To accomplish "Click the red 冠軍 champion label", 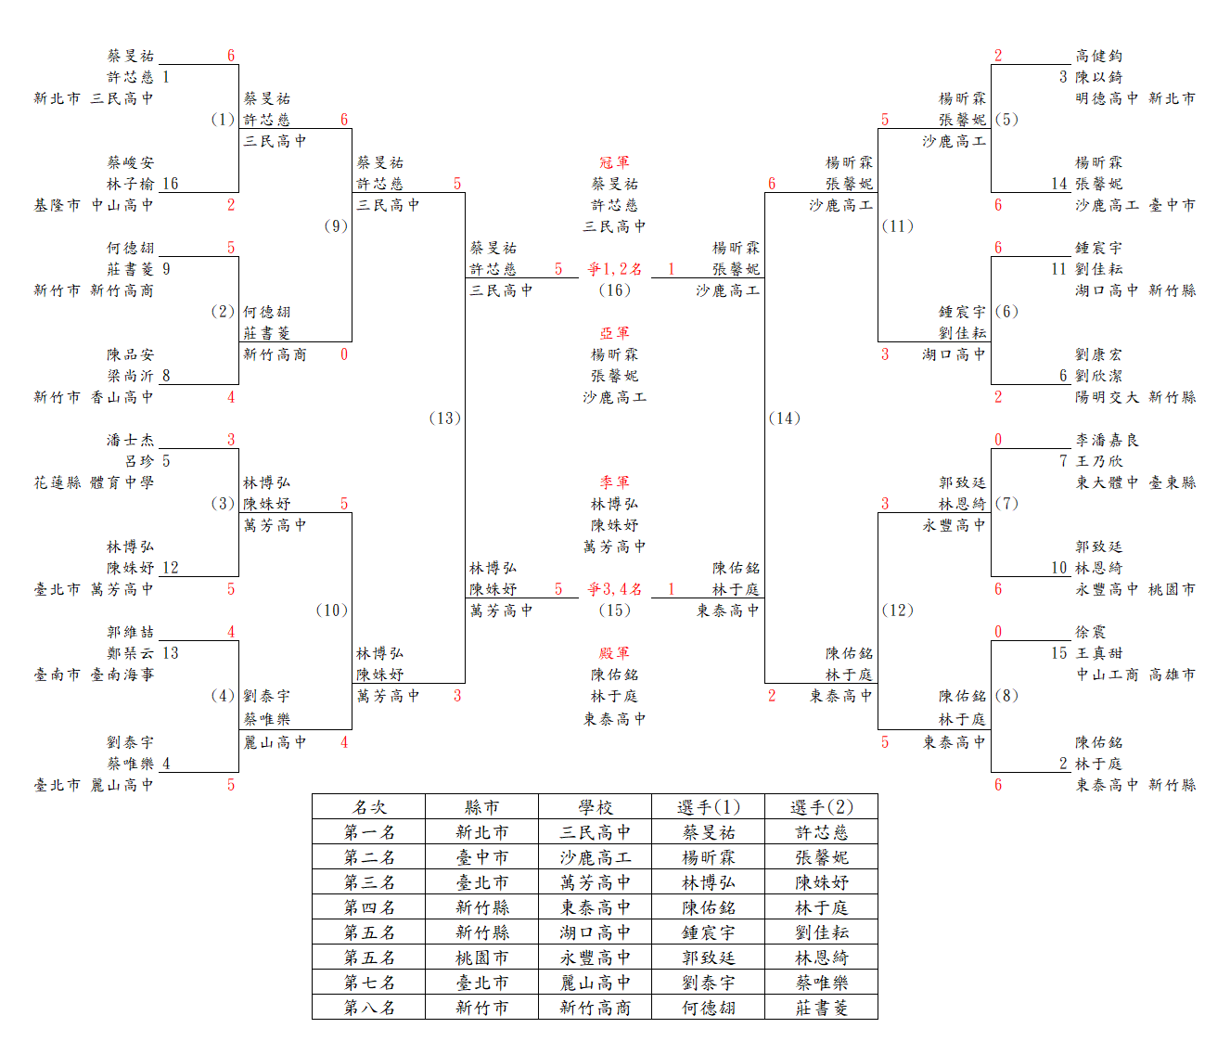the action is (x=614, y=162).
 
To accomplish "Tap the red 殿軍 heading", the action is (x=614, y=653).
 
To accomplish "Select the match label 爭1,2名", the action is (x=615, y=269).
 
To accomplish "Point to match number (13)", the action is (x=445, y=418).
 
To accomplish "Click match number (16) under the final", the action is (x=615, y=289).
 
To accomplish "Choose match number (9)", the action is (x=336, y=225).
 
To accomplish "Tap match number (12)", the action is (x=897, y=610).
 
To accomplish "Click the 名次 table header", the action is (x=369, y=807).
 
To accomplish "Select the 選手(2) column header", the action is (x=821, y=807).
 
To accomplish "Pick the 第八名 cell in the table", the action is (x=369, y=1007).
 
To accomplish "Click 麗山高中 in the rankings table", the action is (x=595, y=982).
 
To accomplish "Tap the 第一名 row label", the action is (x=369, y=832).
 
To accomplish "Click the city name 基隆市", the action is (x=57, y=205).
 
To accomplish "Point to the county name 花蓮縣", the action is (x=57, y=482).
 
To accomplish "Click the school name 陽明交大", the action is (x=1107, y=397).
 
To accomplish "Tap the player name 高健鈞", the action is (x=1098, y=56).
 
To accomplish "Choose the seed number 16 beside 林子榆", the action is (x=170, y=184).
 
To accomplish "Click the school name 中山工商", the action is (x=1107, y=675).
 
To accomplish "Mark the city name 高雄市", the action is (x=1172, y=675).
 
